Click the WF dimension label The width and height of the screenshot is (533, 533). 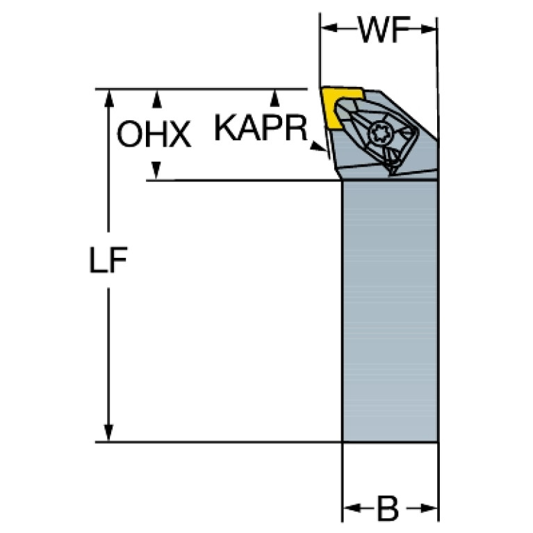click(x=384, y=29)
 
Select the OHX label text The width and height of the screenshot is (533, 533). click(x=154, y=134)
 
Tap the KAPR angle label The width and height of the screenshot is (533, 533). click(x=261, y=127)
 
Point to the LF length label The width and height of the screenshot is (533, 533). click(x=108, y=260)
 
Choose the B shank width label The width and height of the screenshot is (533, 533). click(x=388, y=509)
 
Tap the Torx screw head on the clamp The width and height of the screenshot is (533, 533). click(x=379, y=133)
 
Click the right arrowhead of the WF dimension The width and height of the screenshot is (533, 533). click(x=428, y=29)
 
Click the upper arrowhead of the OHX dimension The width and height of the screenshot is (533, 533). click(x=157, y=99)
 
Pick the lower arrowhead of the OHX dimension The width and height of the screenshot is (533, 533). click(x=156, y=171)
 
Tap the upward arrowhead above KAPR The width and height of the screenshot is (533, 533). click(x=274, y=98)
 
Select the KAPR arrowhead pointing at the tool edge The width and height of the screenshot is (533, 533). click(x=318, y=147)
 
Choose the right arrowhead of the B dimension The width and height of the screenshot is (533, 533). click(x=429, y=509)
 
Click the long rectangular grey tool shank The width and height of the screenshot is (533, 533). click(x=390, y=311)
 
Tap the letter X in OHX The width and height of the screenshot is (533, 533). click(x=179, y=134)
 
